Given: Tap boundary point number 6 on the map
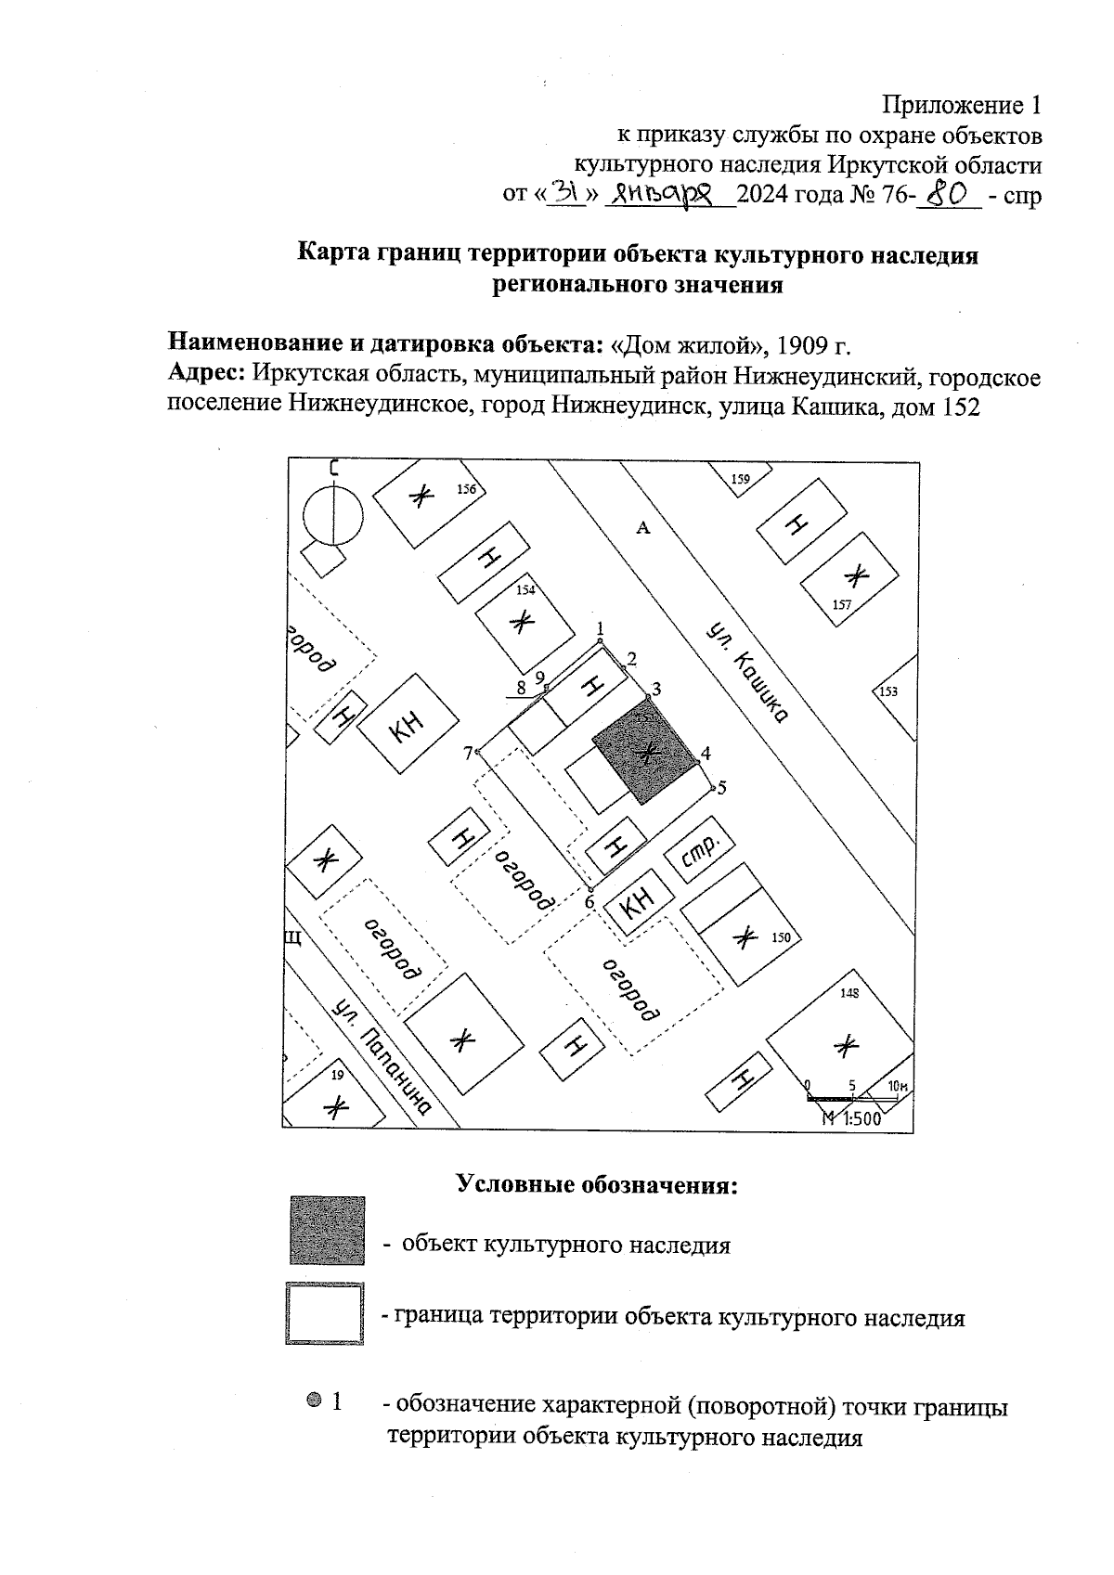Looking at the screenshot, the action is [x=591, y=889].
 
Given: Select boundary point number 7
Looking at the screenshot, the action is [x=477, y=752].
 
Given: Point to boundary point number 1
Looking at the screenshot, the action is [x=601, y=640].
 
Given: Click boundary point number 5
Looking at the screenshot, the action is [x=713, y=789].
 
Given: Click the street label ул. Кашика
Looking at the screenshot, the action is [x=746, y=672].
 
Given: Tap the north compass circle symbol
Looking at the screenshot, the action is [x=333, y=516].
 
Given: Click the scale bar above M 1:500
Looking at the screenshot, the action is [x=852, y=1099].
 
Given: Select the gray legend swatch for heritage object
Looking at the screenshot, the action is [x=327, y=1230].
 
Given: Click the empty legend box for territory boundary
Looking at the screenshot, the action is [x=324, y=1313].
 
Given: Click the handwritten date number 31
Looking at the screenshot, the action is [x=566, y=193].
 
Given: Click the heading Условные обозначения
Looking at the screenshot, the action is [x=597, y=1185].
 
